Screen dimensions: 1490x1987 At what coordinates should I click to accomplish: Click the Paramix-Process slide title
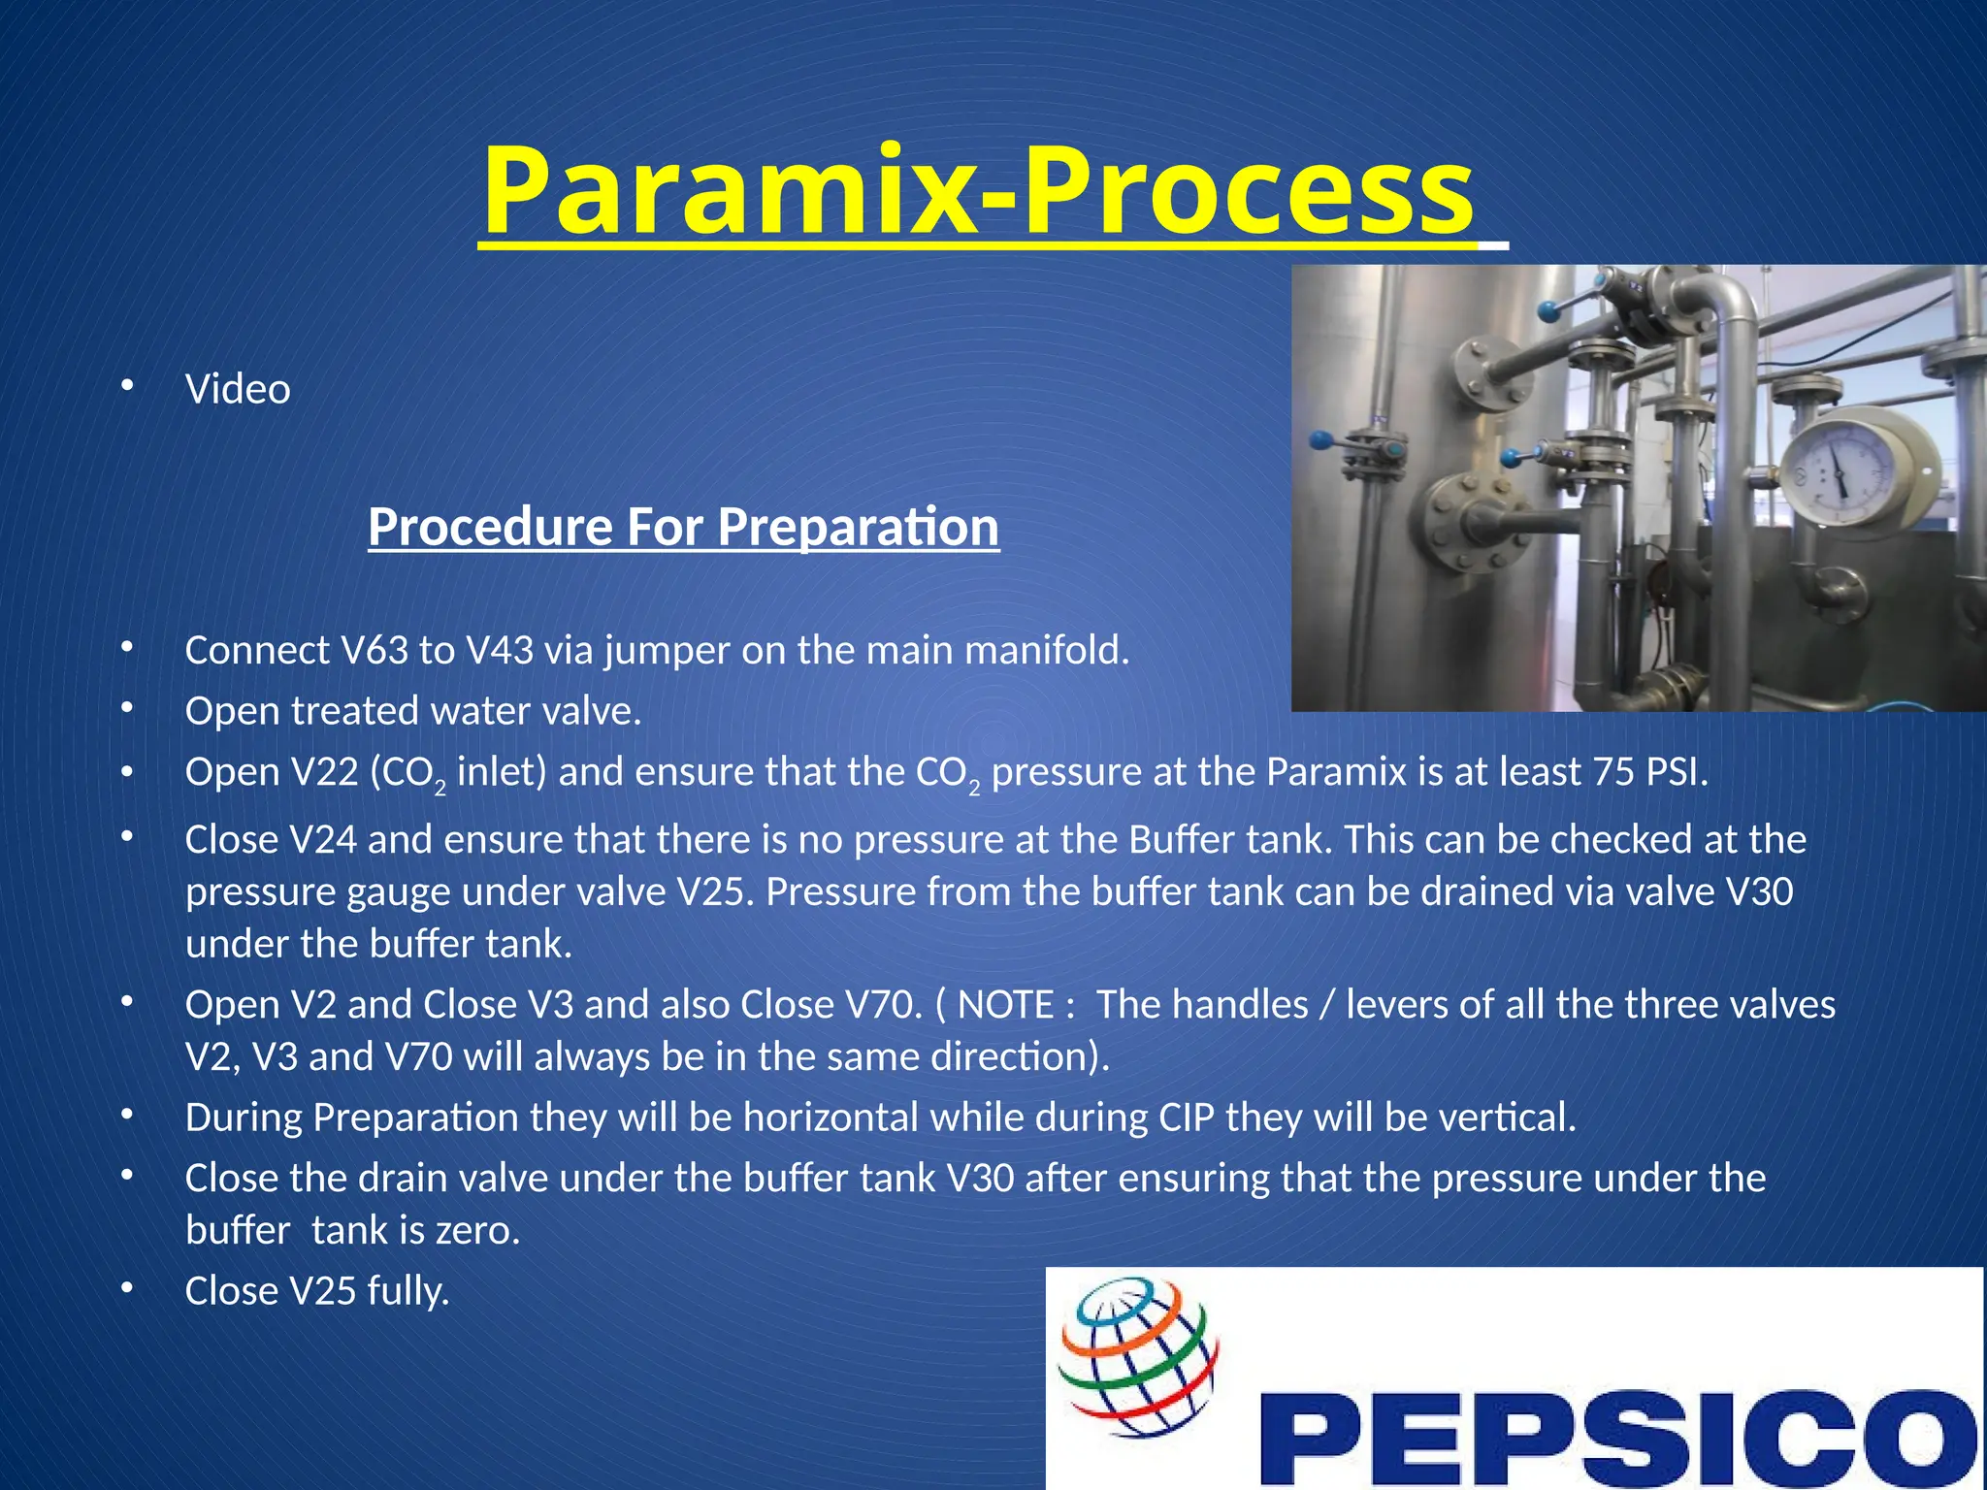pyautogui.click(x=978, y=191)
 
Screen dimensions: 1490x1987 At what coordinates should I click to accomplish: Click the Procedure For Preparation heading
pyautogui.click(x=683, y=527)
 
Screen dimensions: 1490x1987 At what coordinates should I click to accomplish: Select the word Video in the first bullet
pyautogui.click(x=238, y=390)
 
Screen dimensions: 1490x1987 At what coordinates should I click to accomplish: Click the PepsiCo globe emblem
pyautogui.click(x=1137, y=1355)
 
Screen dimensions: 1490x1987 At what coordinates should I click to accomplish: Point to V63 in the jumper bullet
pyautogui.click(x=375, y=651)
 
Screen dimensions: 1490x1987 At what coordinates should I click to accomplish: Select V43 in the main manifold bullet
pyautogui.click(x=500, y=651)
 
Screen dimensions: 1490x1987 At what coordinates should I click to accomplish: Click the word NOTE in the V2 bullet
pyautogui.click(x=1006, y=1005)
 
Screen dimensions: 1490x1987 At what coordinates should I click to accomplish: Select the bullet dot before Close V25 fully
pyautogui.click(x=125, y=1287)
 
